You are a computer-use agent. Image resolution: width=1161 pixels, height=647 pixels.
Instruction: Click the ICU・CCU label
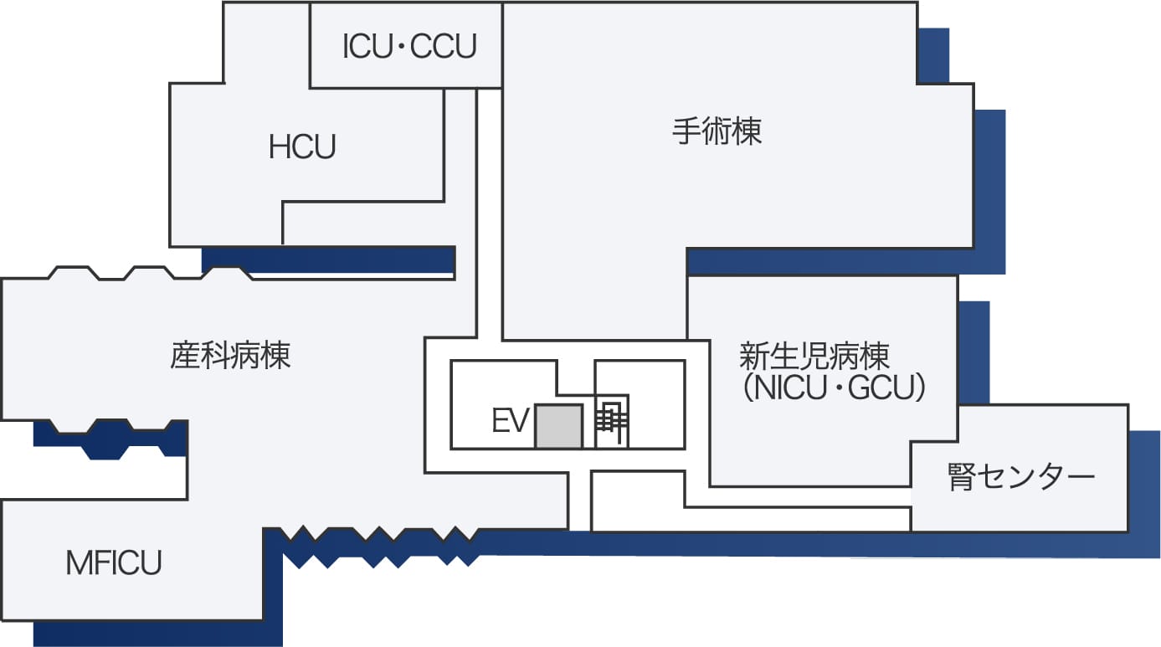pos(409,47)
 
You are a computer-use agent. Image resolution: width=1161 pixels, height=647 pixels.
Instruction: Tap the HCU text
pos(302,147)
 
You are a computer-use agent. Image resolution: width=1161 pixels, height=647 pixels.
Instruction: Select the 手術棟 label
pos(717,131)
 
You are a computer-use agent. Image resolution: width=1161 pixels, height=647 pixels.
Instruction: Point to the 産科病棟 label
pos(230,356)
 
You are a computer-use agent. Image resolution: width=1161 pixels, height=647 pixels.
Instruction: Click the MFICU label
pos(114,562)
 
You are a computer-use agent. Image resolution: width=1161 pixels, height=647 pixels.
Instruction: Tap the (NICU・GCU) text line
pos(834,389)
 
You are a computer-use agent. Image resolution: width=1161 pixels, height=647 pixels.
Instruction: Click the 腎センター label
pos(1021,478)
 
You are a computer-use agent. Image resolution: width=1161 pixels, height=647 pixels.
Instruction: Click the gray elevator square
pos(558,426)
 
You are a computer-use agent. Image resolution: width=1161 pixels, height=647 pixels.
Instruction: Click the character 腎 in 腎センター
pos(961,478)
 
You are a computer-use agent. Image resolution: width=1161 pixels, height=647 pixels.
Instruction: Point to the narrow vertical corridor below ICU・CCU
pos(489,209)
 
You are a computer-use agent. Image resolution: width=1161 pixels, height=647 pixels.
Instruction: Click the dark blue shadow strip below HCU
pos(328,259)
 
